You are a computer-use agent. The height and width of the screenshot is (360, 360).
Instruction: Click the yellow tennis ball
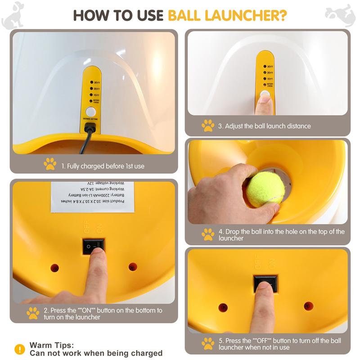coord(265,189)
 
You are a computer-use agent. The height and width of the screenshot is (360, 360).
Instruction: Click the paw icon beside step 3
coord(207,126)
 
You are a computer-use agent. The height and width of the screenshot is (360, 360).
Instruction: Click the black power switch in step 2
coord(93,246)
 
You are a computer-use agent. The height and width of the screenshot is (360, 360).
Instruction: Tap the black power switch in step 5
coord(265,283)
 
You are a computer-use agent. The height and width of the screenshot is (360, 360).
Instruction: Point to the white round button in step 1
coord(91,112)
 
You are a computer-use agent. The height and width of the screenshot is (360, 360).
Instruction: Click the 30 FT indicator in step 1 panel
coord(94,83)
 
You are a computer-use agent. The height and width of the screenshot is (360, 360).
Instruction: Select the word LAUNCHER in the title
coord(245,15)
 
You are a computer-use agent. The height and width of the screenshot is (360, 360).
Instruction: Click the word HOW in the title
coord(91,15)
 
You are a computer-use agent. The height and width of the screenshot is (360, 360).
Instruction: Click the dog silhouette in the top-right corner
coord(346,13)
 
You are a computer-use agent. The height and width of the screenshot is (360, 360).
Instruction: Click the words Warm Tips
coord(51,345)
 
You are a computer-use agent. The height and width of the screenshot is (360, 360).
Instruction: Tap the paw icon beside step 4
coord(207,234)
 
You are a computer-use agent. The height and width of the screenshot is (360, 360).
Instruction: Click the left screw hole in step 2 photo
coord(54,267)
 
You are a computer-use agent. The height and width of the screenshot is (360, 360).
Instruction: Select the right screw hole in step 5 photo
coord(308,306)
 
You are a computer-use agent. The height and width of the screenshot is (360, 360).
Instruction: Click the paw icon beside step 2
coord(33,313)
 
